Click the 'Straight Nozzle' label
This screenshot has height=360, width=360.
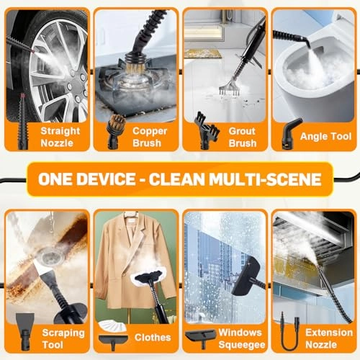coord(60,137)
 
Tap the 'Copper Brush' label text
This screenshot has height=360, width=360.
coord(150,137)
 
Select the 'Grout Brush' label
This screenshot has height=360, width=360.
coord(243,137)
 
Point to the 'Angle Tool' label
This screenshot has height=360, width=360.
coord(325,136)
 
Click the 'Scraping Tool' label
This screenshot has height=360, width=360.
coord(63,338)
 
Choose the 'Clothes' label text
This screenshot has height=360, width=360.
coord(153,338)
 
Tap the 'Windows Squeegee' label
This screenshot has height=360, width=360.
coord(242,338)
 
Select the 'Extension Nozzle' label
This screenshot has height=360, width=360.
coord(329,338)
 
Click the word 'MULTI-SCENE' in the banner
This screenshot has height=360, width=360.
coord(265,179)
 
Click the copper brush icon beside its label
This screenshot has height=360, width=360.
coord(115,132)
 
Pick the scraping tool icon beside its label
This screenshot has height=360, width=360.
coord(24,331)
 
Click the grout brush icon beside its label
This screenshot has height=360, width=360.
coord(207,131)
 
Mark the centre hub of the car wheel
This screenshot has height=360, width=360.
coord(72,84)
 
